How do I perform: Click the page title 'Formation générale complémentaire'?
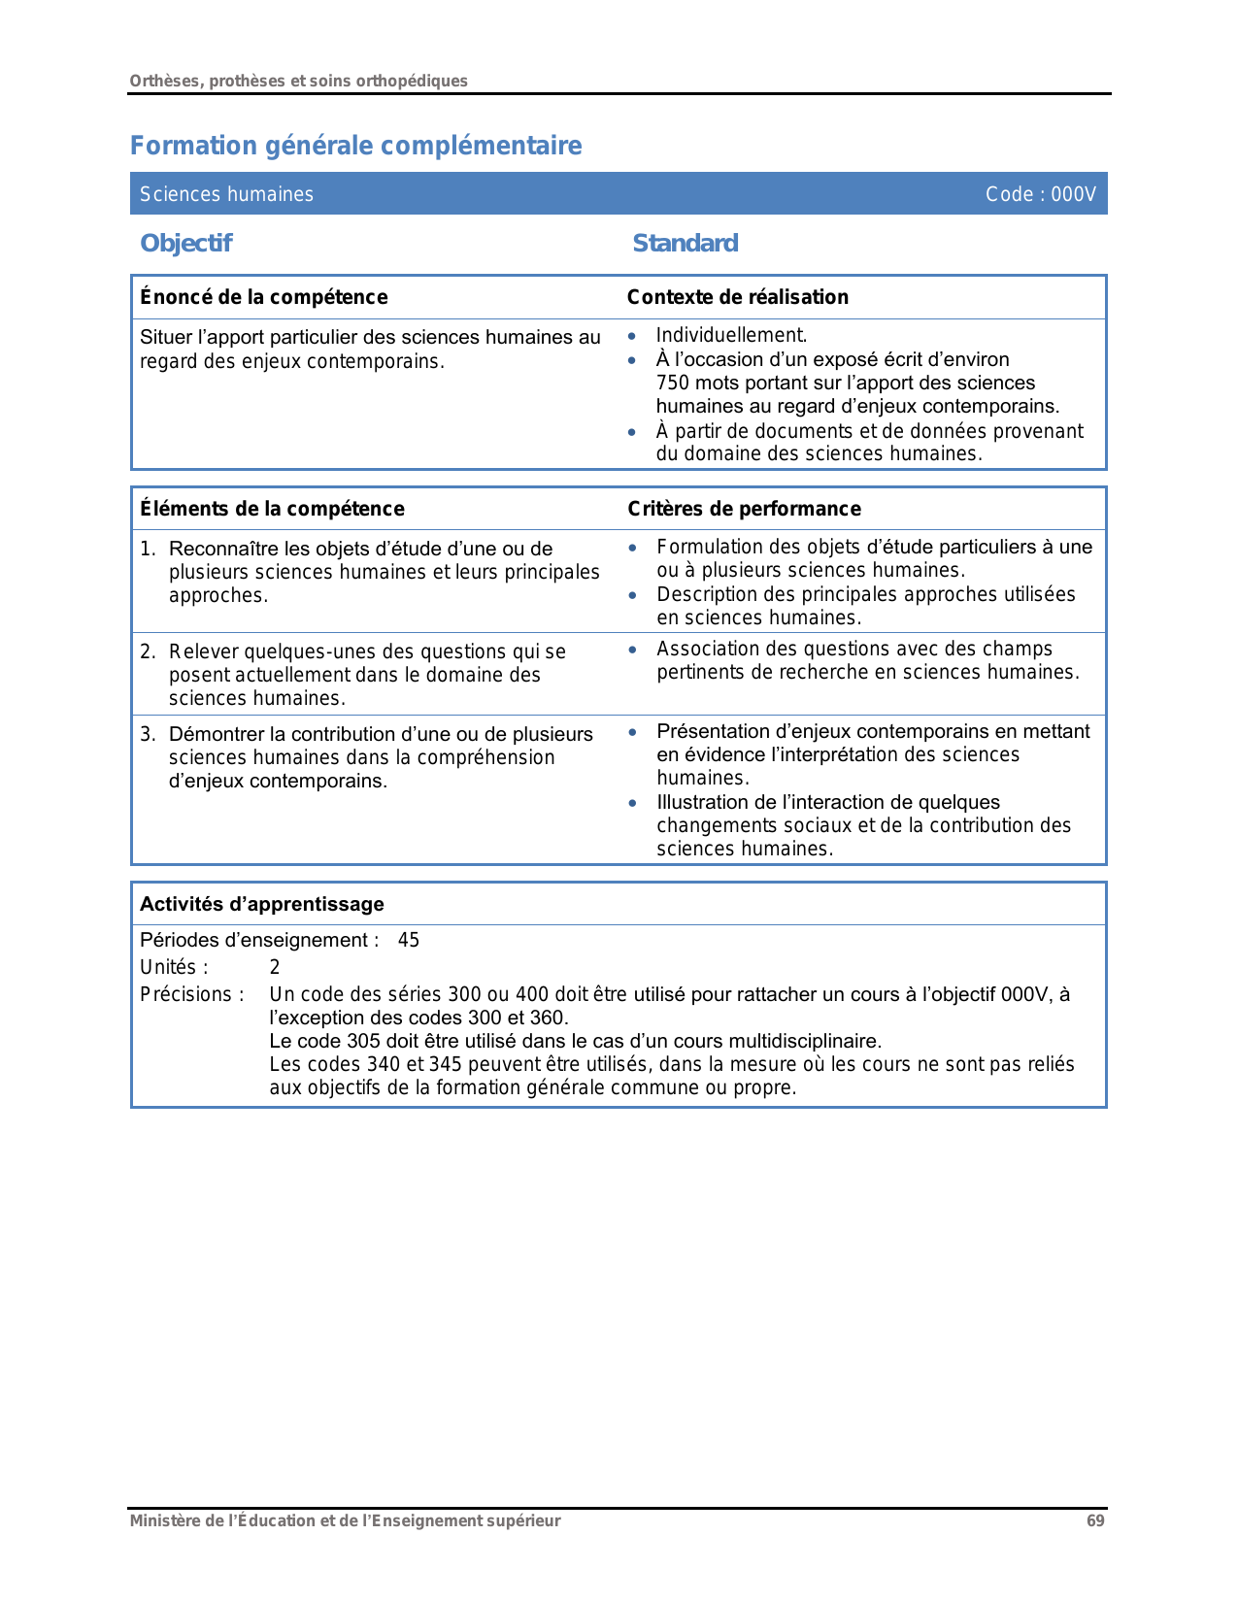[355, 146]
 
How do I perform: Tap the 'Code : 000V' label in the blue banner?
[1040, 194]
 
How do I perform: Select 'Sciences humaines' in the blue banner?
[226, 194]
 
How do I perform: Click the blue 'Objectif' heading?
[185, 243]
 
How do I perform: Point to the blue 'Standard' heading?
[685, 243]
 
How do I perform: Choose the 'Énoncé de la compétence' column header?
[263, 297]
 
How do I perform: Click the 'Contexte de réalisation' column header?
[737, 297]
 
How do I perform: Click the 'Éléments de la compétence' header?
[272, 509]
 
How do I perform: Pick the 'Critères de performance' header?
[744, 509]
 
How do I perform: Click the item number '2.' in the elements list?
[148, 651]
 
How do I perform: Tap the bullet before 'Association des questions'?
[633, 650]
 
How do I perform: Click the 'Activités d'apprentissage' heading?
[262, 904]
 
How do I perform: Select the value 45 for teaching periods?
[409, 940]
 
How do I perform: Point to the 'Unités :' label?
[174, 967]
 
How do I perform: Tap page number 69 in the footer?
[1095, 1520]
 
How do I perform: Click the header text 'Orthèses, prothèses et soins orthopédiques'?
[298, 81]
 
